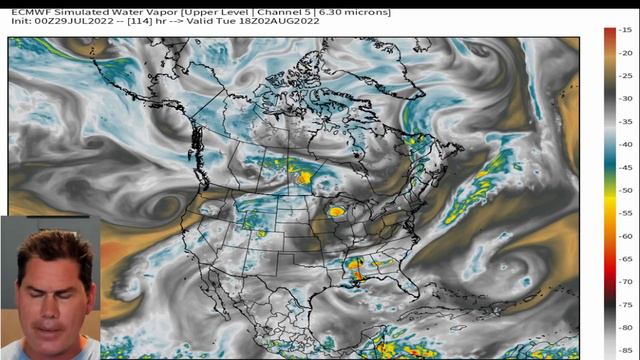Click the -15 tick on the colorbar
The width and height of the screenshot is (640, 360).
pos(623,31)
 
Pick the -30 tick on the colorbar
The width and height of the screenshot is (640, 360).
pos(623,98)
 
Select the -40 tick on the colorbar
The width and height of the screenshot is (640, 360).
pos(623,144)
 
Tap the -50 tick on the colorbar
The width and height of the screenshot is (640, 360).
pos(623,190)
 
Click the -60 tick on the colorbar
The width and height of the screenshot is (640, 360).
pos(623,236)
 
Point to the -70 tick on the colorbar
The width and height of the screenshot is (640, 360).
pos(623,282)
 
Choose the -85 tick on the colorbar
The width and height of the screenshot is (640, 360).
pos(623,350)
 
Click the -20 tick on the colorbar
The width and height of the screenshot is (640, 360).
pos(623,53)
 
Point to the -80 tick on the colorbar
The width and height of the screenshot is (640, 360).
pos(623,328)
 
